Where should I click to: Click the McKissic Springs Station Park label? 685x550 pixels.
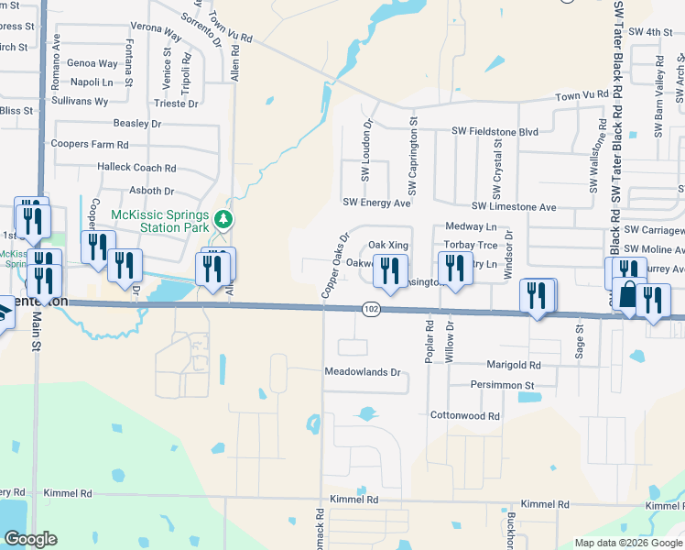pos(159,221)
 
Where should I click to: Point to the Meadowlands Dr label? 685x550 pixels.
pos(364,373)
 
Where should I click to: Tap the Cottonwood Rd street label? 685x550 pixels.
pos(465,415)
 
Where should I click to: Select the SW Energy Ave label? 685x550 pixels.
pos(376,203)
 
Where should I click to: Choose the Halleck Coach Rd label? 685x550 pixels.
pos(136,168)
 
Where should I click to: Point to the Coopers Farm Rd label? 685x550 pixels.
pos(90,145)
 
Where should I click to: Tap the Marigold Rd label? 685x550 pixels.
pos(515,365)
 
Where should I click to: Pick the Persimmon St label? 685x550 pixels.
pos(502,386)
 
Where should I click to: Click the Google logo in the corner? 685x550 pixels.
pos(31,539)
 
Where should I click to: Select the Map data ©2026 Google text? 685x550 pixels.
pos(628,543)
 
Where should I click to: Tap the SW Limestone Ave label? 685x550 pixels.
pos(514,208)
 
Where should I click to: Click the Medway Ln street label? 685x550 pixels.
pos(470,226)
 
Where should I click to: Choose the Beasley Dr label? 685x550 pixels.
pos(136,123)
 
